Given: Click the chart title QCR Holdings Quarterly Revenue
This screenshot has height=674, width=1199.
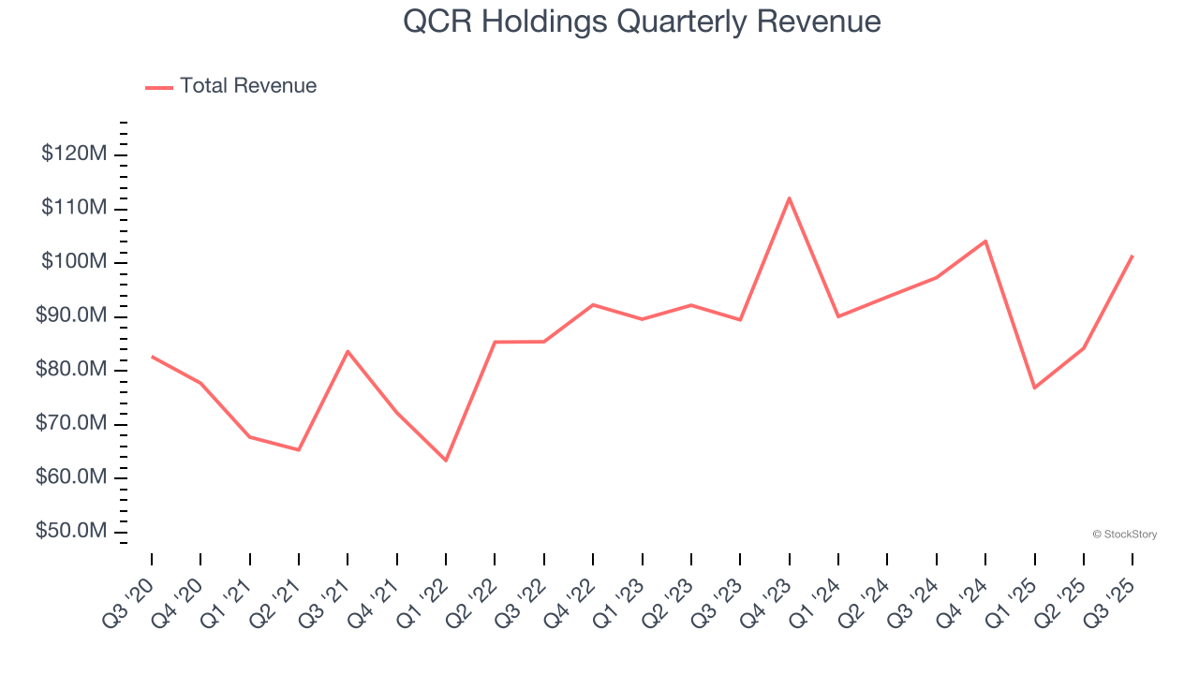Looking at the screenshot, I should [642, 22].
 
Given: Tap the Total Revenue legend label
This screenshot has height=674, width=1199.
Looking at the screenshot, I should [248, 86].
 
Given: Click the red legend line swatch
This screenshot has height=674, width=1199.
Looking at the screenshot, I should [159, 87].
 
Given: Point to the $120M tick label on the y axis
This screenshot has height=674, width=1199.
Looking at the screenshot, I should [73, 154].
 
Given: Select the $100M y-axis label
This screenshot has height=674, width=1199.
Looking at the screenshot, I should [73, 262].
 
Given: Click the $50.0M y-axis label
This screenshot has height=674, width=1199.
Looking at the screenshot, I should [70, 532].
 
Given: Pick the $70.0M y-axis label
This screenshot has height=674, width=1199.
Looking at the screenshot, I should [70, 424].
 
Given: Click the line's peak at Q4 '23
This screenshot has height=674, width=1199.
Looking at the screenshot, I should [789, 198].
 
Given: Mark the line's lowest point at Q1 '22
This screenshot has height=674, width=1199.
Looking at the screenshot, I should [446, 461].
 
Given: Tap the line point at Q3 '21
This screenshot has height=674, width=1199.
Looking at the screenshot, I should [348, 351].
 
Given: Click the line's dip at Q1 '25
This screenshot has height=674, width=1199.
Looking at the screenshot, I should [1034, 388].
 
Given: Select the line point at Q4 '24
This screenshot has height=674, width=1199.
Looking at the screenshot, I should [985, 241].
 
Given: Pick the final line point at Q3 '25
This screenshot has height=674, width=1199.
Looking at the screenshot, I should [1132, 256].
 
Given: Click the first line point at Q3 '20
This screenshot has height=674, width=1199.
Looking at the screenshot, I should [152, 357].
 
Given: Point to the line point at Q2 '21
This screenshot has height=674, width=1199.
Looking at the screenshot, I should [299, 450].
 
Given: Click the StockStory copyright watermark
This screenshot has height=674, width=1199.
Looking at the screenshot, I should [1124, 535].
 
